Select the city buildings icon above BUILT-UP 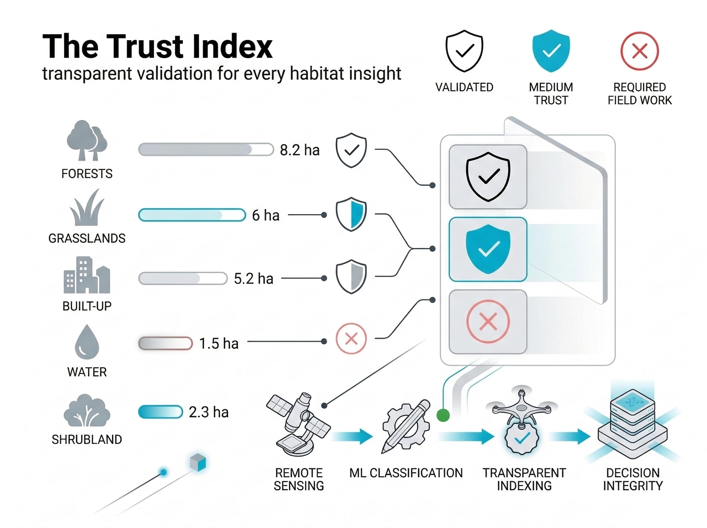[x=87, y=275]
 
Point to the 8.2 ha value [x=299, y=150]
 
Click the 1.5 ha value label [x=219, y=344]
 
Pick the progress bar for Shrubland [x=160, y=412]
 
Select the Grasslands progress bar [x=192, y=215]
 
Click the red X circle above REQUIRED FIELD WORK [x=639, y=51]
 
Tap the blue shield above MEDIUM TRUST [x=551, y=50]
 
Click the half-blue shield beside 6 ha [x=351, y=214]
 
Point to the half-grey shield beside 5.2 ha [x=351, y=277]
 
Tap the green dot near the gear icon [x=443, y=416]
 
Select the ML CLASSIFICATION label [x=406, y=473]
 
